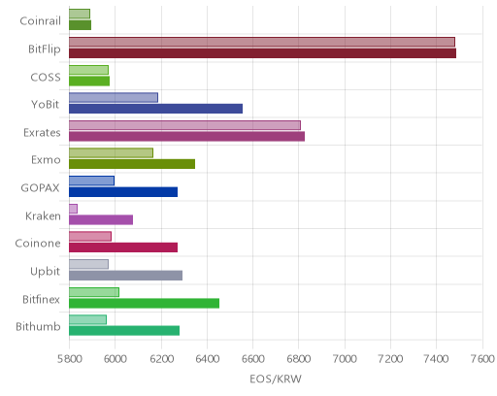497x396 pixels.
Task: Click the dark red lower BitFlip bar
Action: click(262, 53)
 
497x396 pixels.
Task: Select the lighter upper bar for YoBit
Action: click(114, 97)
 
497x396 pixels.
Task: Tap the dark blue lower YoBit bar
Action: click(155, 109)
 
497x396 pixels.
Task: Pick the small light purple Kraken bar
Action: click(73, 209)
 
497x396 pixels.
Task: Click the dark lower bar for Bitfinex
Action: click(144, 304)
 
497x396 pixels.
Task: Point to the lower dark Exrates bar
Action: click(186, 137)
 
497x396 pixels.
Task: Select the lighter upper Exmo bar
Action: click(111, 153)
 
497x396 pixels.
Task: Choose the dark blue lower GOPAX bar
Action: click(123, 192)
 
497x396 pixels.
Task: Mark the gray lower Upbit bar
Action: click(125, 276)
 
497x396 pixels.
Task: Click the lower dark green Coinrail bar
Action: click(80, 25)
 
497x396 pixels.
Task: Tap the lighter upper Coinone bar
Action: click(90, 237)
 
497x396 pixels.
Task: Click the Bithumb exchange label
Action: click(38, 327)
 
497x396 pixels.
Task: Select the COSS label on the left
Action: click(46, 77)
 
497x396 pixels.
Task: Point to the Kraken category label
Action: click(43, 215)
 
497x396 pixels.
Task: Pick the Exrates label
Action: click(42, 133)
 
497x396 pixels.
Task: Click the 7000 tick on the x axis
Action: click(345, 359)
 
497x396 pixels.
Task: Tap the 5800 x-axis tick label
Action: click(69, 359)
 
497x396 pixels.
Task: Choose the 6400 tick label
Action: click(207, 359)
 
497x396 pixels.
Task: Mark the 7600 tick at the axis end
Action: click(482, 359)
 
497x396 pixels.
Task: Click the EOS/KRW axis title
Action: click(276, 379)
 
